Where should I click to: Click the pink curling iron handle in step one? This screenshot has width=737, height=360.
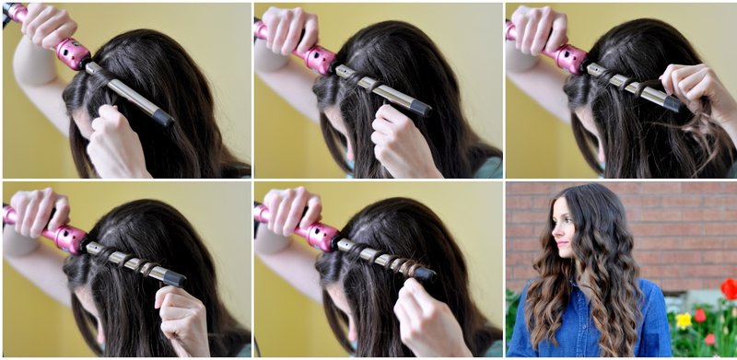[x=72, y=52]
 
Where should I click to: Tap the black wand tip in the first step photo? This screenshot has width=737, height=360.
[x=163, y=118]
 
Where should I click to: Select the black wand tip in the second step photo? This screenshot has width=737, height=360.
[x=420, y=108]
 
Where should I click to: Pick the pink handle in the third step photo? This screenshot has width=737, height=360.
[x=571, y=58]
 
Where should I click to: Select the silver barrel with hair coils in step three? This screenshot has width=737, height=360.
[x=626, y=83]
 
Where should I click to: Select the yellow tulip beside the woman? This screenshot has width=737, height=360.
[x=684, y=319]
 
